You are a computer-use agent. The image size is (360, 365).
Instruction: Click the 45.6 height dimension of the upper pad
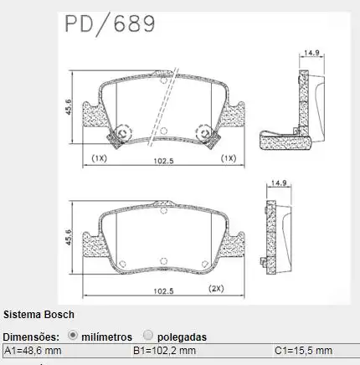pyautogui.click(x=67, y=109)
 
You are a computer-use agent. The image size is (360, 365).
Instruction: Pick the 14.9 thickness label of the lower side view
pyautogui.click(x=280, y=182)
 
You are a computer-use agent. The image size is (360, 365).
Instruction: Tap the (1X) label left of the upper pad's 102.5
pyautogui.click(x=99, y=157)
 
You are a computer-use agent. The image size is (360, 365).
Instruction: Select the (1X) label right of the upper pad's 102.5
pyautogui.click(x=228, y=157)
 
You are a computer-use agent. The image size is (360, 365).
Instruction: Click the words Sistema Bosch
pyautogui.click(x=39, y=315)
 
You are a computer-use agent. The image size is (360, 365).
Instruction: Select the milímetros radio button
pyautogui.click(x=73, y=335)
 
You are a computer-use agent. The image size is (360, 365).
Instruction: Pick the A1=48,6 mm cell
pyautogui.click(x=33, y=350)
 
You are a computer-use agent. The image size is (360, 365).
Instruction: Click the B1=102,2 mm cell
pyautogui.click(x=165, y=350)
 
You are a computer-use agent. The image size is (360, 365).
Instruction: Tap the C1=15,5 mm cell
pyautogui.click(x=302, y=350)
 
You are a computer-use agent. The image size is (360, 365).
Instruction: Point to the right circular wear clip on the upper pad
pyautogui.click(x=203, y=132)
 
